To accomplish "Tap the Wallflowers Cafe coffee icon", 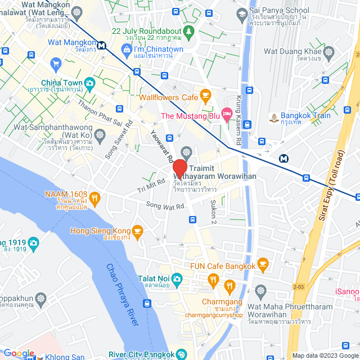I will pos(205,93).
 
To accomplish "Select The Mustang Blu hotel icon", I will pos(227,116).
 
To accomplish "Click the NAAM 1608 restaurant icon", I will pos(94,197).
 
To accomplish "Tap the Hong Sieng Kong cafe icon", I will pos(137,231).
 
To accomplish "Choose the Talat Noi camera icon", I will pos(177,278).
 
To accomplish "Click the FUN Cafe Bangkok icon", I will pos(263,265).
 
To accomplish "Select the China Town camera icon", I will pos(89,83).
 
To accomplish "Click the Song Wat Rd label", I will pos(165,206).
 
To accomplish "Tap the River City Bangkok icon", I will pos(181,354).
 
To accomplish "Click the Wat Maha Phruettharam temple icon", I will pos(259,291).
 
